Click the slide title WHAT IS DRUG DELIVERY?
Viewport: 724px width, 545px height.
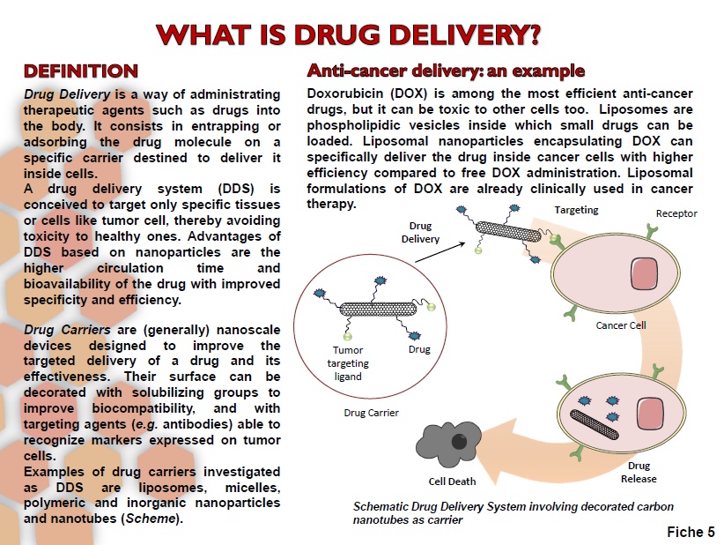(348, 34)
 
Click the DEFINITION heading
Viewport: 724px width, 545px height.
(80, 71)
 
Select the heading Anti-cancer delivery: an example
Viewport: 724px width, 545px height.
(445, 71)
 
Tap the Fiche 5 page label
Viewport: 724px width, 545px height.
(691, 532)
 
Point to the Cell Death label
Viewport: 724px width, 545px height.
(452, 482)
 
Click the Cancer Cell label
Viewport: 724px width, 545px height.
(621, 325)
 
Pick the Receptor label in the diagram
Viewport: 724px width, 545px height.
(676, 213)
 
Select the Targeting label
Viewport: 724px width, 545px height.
(576, 210)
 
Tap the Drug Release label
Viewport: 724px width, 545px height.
(639, 472)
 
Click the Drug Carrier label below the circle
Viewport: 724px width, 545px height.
(371, 413)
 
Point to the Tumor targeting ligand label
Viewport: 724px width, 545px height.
(348, 362)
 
